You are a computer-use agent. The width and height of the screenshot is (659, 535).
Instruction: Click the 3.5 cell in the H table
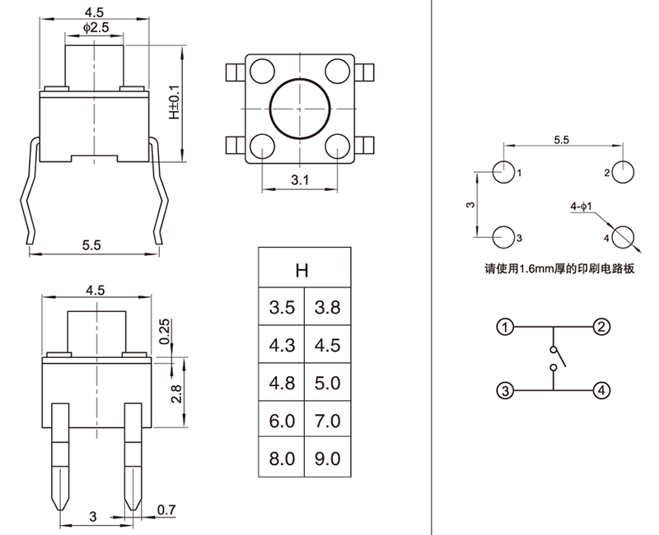coord(282,309)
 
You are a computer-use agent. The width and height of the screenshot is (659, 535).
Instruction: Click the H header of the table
coord(304,268)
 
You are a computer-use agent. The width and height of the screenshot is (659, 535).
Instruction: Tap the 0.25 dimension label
coord(164,330)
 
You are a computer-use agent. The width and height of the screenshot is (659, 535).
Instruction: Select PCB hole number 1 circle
coord(502,172)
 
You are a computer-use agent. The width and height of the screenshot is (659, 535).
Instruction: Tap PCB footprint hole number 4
coord(624,236)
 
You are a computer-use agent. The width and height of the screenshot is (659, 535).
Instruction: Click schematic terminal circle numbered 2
coord(603,327)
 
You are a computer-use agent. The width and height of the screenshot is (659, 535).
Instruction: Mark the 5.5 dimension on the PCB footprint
coord(563,141)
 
